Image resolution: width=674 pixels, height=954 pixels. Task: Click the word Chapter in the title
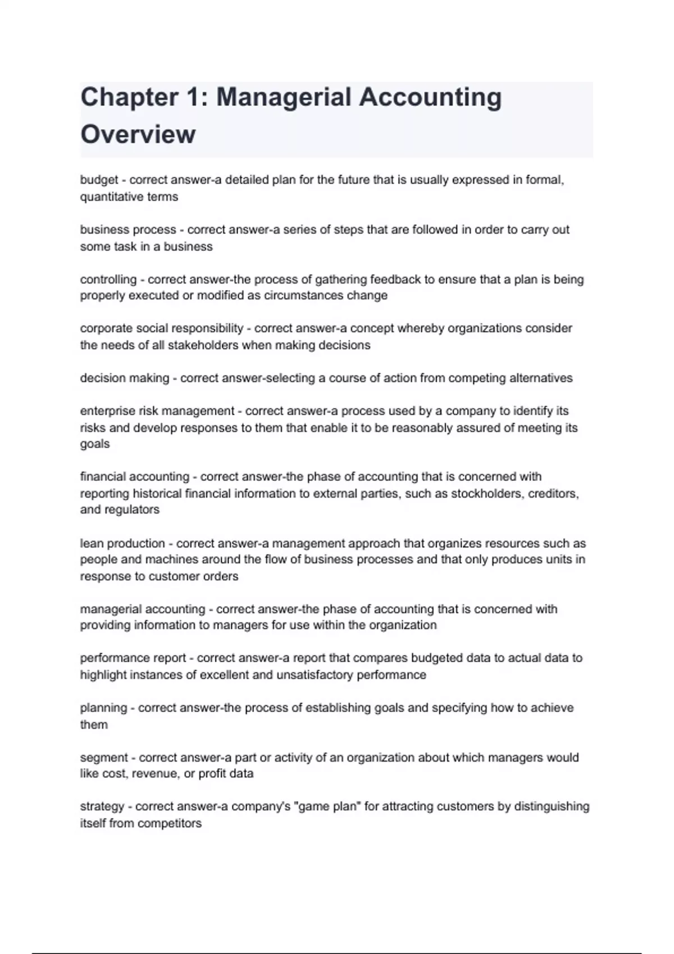click(x=129, y=98)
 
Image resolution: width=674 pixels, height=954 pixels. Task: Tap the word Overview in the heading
click(x=138, y=135)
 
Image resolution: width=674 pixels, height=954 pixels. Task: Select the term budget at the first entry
click(x=99, y=180)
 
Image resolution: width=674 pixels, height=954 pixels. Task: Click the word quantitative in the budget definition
click(x=112, y=197)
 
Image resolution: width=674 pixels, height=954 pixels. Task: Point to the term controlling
click(x=108, y=279)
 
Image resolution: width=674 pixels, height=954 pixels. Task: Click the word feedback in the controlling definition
click(x=393, y=279)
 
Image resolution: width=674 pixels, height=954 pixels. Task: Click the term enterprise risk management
click(x=157, y=411)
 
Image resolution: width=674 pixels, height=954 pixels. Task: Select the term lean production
click(x=122, y=543)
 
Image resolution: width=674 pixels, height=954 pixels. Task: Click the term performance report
click(x=133, y=658)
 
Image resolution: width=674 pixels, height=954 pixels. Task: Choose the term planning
click(x=103, y=708)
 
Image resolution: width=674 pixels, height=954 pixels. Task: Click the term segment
click(x=104, y=758)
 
